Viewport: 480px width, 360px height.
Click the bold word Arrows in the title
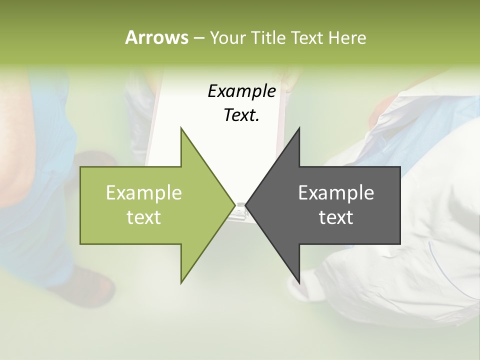tap(156, 37)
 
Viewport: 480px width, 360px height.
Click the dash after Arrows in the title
tap(198, 38)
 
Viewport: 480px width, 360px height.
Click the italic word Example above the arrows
tap(241, 91)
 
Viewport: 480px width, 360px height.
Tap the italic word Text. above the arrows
tap(241, 115)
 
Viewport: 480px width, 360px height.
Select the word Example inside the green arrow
tap(144, 193)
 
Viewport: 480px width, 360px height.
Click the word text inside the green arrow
tap(144, 217)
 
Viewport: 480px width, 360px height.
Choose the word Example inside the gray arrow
tap(336, 193)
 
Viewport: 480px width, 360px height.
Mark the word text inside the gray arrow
tap(336, 217)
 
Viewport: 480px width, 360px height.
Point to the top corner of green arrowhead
tap(181, 128)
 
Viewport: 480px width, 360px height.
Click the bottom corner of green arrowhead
tap(181, 282)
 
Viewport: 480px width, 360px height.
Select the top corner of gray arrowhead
tap(299, 128)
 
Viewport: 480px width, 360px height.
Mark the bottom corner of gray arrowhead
tap(299, 282)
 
